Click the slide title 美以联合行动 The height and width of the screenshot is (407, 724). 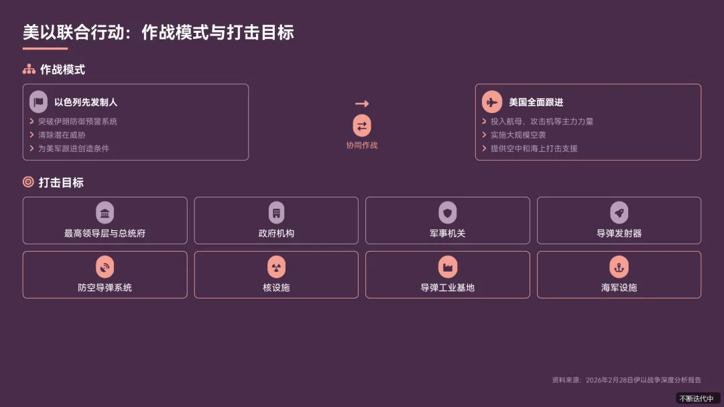(x=158, y=32)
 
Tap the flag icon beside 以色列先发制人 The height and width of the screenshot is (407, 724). (x=39, y=102)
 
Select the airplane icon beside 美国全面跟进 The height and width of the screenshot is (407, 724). (x=492, y=102)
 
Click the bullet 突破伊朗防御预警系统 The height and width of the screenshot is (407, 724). (x=77, y=121)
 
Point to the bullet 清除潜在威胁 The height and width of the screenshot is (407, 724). (x=62, y=135)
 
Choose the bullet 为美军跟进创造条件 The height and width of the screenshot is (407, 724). (x=73, y=148)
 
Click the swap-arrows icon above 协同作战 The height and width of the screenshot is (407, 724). (x=362, y=126)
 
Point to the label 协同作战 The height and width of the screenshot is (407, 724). (x=362, y=145)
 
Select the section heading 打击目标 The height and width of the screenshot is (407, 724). (x=61, y=182)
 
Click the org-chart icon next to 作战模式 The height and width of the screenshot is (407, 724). (x=29, y=70)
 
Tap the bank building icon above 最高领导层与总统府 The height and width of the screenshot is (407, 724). (x=105, y=213)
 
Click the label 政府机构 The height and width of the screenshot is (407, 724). (x=276, y=234)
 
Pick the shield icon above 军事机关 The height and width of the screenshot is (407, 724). (x=448, y=213)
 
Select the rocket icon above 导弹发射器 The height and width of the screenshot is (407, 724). (x=619, y=213)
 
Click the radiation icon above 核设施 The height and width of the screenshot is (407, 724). (x=276, y=267)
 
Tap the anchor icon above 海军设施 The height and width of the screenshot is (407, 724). (x=619, y=267)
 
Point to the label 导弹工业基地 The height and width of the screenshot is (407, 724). (x=448, y=288)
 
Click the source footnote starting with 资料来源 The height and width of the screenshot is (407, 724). (x=626, y=380)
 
